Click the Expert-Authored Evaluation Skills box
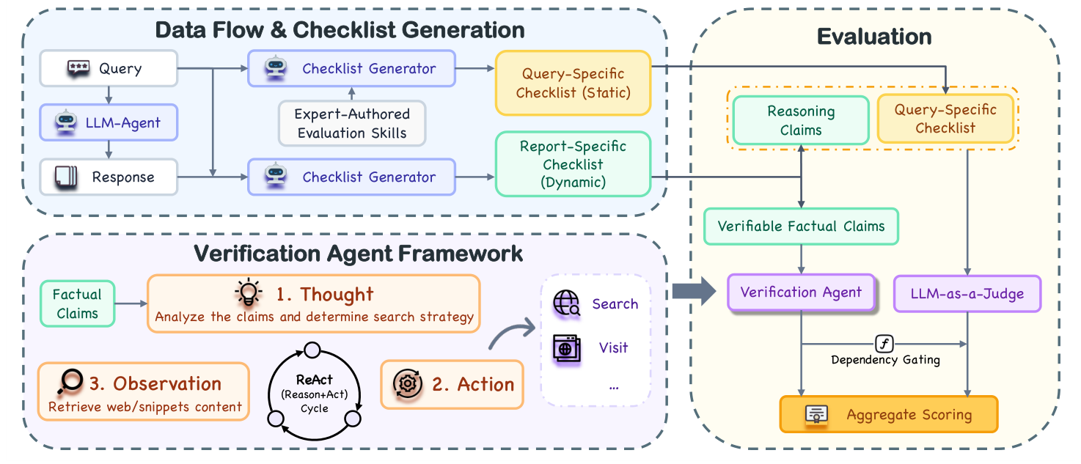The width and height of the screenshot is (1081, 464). (351, 123)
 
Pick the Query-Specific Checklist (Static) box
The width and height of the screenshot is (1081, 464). (573, 83)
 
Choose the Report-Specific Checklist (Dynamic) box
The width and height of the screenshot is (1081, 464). (573, 164)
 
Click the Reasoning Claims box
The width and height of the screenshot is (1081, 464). (801, 121)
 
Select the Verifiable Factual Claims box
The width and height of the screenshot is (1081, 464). (801, 226)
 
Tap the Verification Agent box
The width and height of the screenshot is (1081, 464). (801, 292)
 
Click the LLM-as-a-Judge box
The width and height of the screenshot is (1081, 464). (967, 294)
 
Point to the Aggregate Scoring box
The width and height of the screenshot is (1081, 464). (888, 415)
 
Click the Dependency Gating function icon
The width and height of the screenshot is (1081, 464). (884, 344)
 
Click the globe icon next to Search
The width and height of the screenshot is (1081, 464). (566, 303)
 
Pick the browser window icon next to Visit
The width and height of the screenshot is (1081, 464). (566, 347)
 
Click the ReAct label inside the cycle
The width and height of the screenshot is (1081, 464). (314, 380)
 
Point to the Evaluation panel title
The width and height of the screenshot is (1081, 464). (874, 37)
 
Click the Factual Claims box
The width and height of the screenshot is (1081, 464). (77, 303)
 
